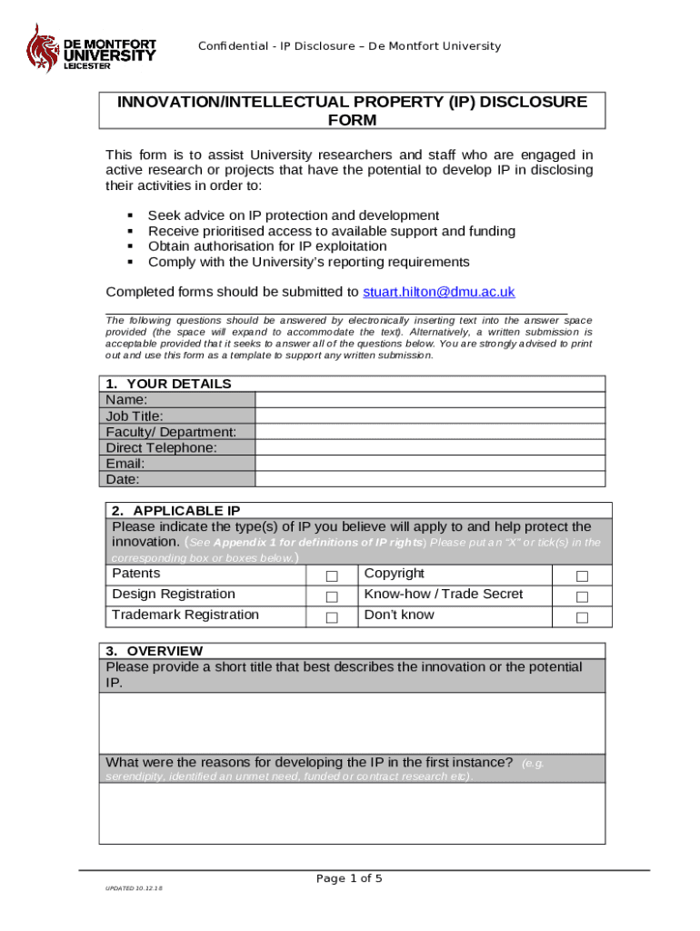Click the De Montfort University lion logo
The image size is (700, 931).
point(41,49)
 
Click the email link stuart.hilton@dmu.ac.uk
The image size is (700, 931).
point(438,292)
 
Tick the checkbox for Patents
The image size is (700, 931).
point(332,576)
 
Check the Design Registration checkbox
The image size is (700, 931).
point(332,597)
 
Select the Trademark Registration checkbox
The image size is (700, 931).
point(332,618)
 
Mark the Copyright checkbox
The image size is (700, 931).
point(582,576)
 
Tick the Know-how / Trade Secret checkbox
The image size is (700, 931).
point(582,597)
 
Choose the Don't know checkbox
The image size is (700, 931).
point(582,618)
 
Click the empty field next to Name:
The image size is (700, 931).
point(429,399)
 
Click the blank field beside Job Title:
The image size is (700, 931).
point(429,415)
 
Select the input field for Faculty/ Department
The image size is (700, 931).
point(429,431)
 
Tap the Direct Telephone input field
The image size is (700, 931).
point(429,447)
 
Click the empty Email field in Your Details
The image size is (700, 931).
point(429,463)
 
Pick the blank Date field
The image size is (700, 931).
point(429,479)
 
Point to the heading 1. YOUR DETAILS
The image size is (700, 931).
point(169,384)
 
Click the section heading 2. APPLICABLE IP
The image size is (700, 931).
point(176,511)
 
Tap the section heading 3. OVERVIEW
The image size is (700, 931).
point(155,651)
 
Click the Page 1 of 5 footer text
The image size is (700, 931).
point(349,878)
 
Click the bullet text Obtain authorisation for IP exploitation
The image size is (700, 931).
point(267,246)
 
